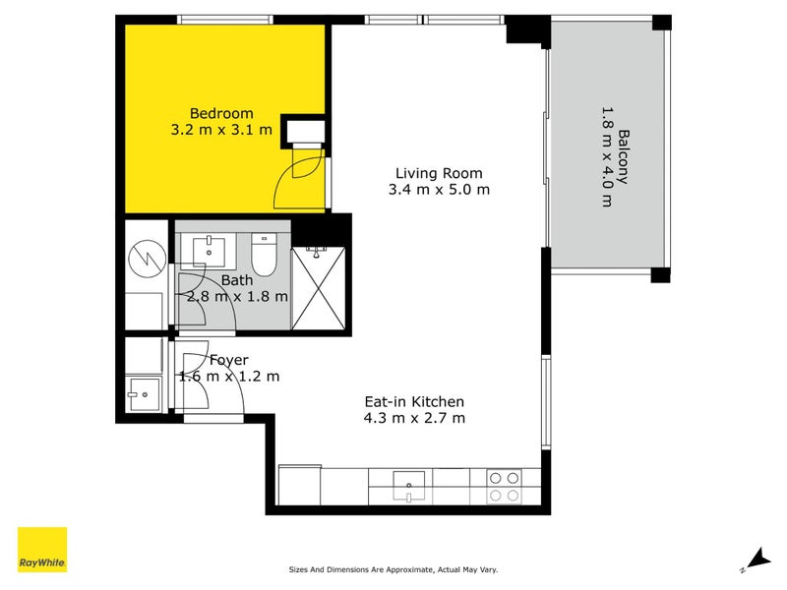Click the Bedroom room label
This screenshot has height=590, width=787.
click(x=221, y=112)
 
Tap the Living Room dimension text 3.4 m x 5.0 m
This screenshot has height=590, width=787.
click(x=439, y=189)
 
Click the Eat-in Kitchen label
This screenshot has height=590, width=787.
click(x=413, y=401)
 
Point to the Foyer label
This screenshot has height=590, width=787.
click(x=229, y=360)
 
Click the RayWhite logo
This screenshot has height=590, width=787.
click(x=42, y=551)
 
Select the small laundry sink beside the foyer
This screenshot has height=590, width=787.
click(x=144, y=395)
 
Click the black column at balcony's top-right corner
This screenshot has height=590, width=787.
click(x=662, y=23)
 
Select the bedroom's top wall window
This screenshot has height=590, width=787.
click(x=225, y=19)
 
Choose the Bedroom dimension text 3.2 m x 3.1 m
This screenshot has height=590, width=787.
click(x=221, y=129)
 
